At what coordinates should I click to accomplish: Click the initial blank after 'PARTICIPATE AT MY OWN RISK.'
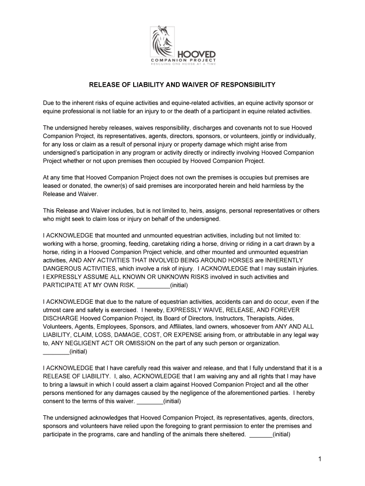(x=153, y=285)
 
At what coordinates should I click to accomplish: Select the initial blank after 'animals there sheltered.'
(x=261, y=434)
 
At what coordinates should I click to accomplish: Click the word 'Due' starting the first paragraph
(x=49, y=103)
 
